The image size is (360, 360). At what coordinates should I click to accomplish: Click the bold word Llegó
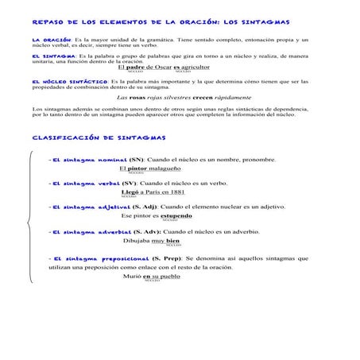pos(131,192)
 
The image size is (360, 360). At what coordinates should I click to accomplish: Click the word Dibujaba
pos(136,240)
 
